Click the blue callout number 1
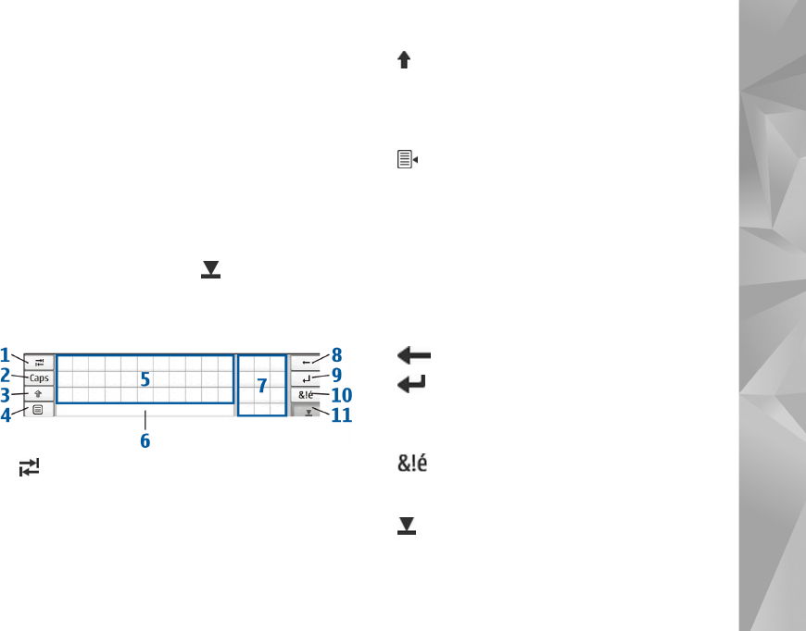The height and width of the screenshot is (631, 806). (x=5, y=354)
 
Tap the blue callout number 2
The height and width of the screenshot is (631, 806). (x=6, y=376)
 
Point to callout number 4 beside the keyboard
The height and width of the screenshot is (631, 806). (x=6, y=414)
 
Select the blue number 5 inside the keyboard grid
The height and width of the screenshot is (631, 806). (x=145, y=379)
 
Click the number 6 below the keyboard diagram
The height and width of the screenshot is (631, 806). (x=145, y=440)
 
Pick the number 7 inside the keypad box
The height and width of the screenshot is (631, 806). (x=261, y=386)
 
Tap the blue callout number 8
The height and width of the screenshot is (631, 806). (x=336, y=354)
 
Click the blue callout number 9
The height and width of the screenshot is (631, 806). (x=336, y=375)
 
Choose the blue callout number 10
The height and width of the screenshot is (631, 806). (x=342, y=395)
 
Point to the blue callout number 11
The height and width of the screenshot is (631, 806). (x=342, y=414)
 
